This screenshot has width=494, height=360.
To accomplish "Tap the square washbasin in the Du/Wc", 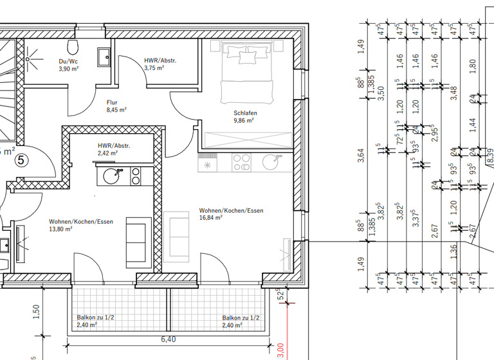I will pyautogui.click(x=104, y=57).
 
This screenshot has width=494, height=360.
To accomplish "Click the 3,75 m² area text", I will pyautogui.click(x=154, y=67).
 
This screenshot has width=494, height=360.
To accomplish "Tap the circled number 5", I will pyautogui.click(x=21, y=161).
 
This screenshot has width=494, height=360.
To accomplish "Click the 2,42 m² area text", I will pyautogui.click(x=107, y=153).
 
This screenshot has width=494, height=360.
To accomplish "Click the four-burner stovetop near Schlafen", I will pyautogui.click(x=242, y=163).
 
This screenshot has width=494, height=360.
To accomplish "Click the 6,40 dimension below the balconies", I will pyautogui.click(x=168, y=339).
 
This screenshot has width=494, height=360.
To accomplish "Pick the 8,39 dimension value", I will pyautogui.click(x=490, y=154).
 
